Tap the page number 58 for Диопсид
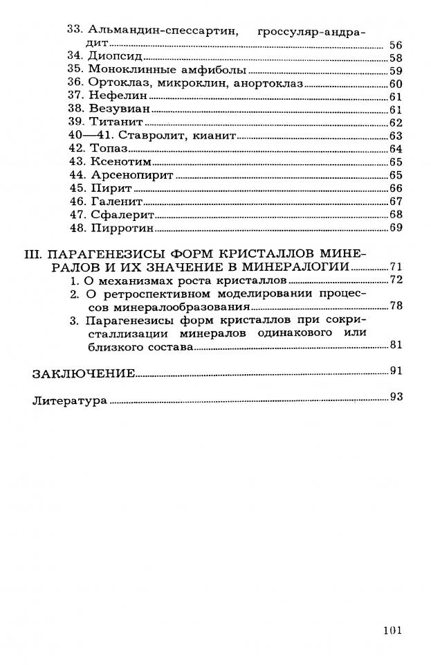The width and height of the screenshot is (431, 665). pyautogui.click(x=396, y=58)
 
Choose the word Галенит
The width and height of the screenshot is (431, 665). pyautogui.click(x=115, y=201)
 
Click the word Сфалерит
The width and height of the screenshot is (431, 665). pyautogui.click(x=118, y=214)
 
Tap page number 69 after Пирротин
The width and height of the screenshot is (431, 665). pyautogui.click(x=396, y=227)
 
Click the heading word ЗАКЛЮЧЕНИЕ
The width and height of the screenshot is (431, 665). pyautogui.click(x=83, y=374)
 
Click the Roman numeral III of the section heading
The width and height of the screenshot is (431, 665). pyautogui.click(x=33, y=254)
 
